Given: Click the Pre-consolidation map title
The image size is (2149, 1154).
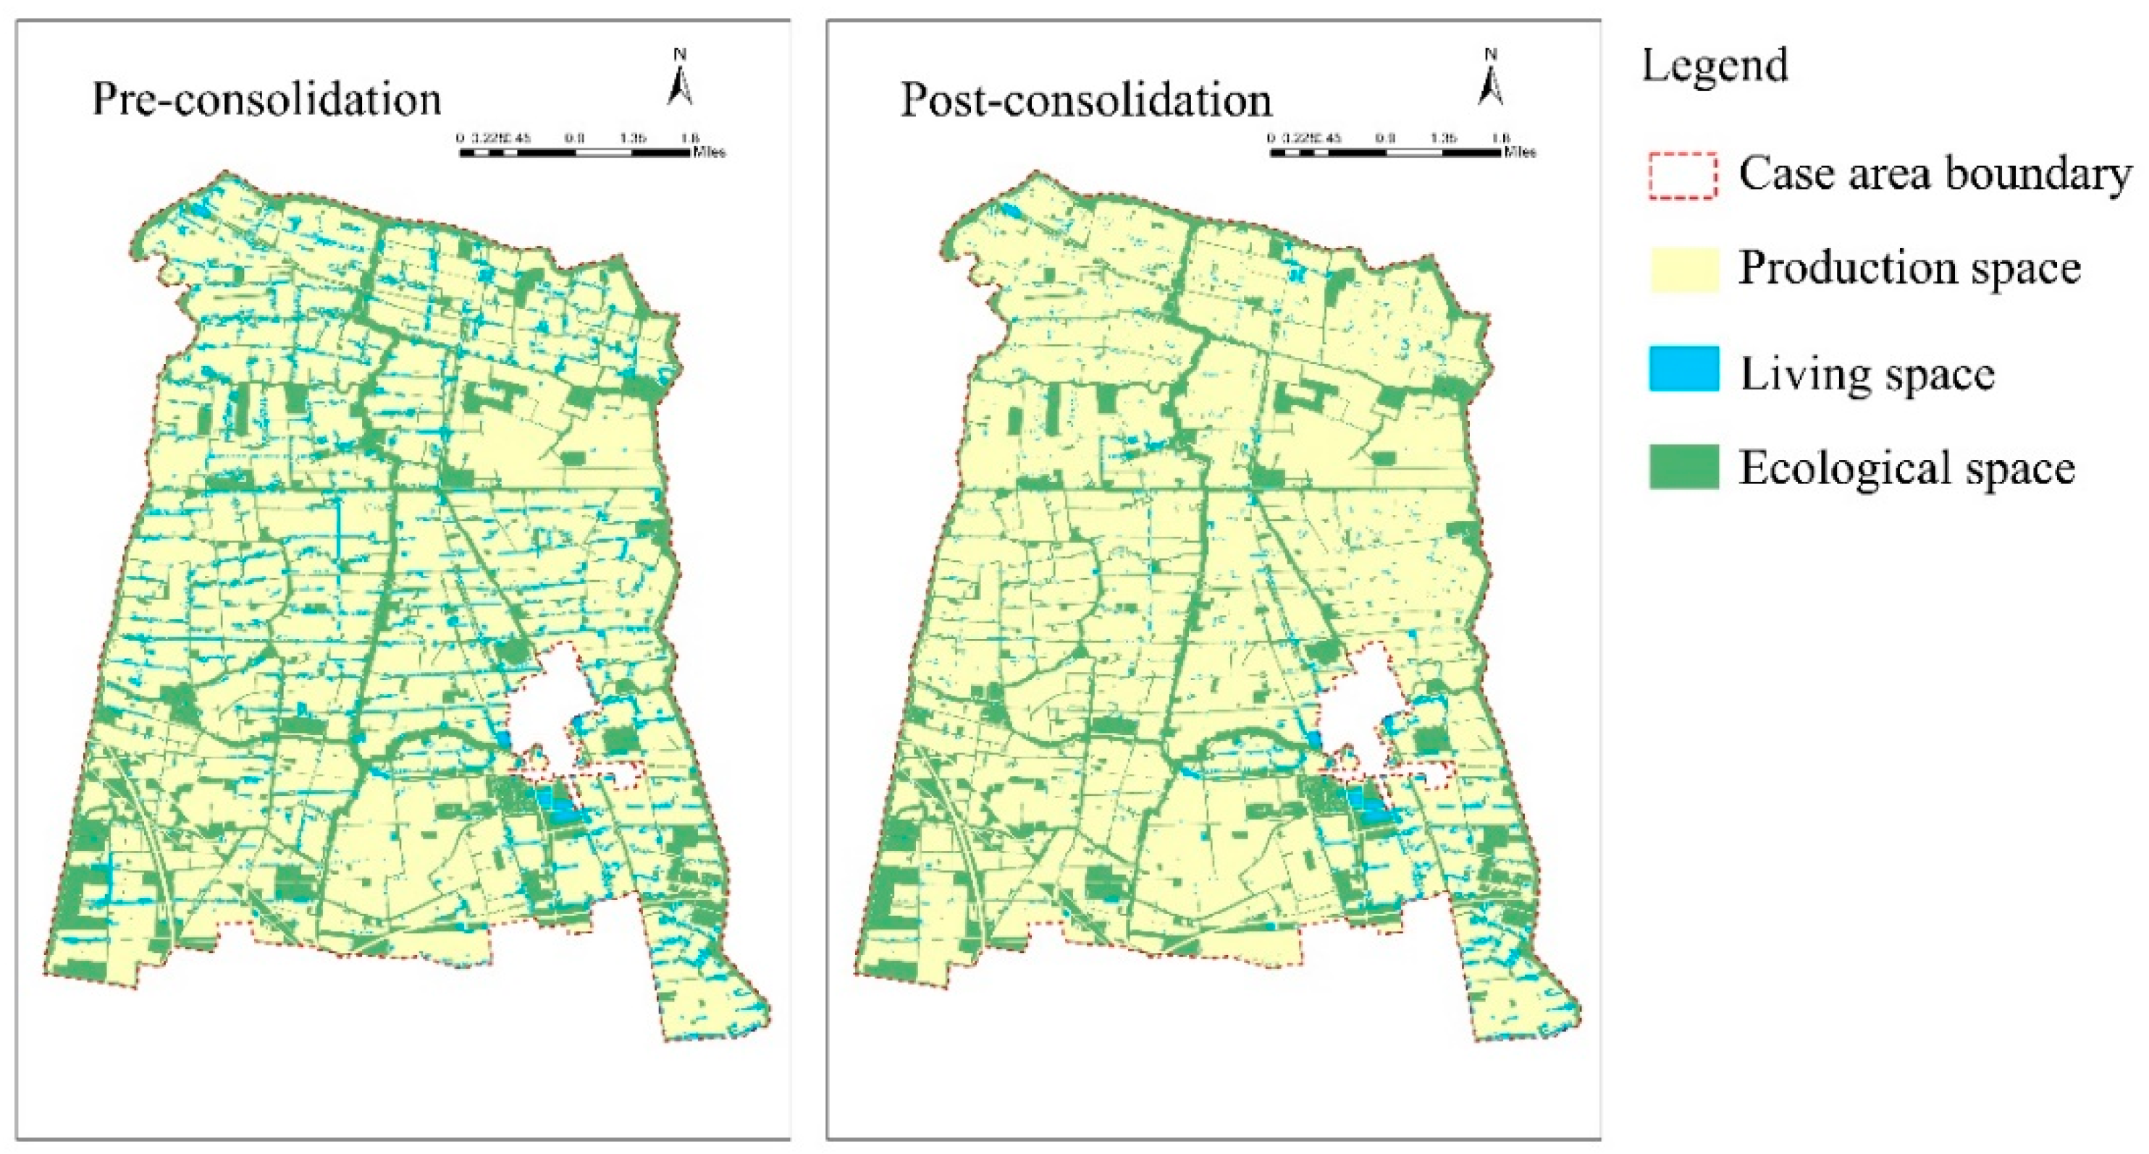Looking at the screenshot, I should click(266, 99).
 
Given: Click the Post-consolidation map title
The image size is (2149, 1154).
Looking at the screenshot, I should click(1085, 100).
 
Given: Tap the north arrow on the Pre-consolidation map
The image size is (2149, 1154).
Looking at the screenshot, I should click(680, 79).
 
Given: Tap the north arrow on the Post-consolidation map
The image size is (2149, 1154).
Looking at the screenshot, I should click(1491, 79).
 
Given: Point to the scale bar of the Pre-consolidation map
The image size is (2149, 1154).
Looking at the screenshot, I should click(576, 153).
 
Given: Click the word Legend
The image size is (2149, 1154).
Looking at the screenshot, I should click(1715, 66).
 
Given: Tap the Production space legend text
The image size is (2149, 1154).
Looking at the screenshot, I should click(1909, 269).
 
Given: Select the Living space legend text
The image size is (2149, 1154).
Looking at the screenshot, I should click(1866, 373).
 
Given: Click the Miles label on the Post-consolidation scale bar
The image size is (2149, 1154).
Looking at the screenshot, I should click(1519, 153).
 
